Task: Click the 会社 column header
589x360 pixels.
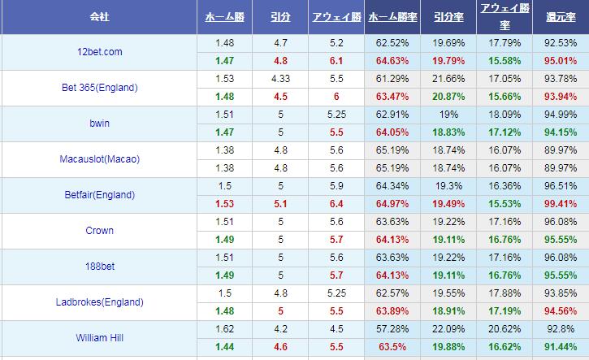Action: (97, 16)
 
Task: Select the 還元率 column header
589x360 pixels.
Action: (561, 16)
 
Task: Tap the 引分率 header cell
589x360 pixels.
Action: (448, 16)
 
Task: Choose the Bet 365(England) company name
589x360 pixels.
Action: (99, 88)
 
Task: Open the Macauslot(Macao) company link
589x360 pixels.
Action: (99, 159)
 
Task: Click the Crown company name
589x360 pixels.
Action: (98, 231)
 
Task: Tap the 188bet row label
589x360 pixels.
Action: (98, 267)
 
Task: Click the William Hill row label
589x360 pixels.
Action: (98, 338)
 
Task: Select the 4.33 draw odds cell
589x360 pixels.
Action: (280, 79)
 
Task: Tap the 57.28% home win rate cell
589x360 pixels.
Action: (393, 329)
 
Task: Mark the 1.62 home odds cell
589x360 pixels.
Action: (225, 329)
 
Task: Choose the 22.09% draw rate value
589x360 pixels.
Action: (448, 329)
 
